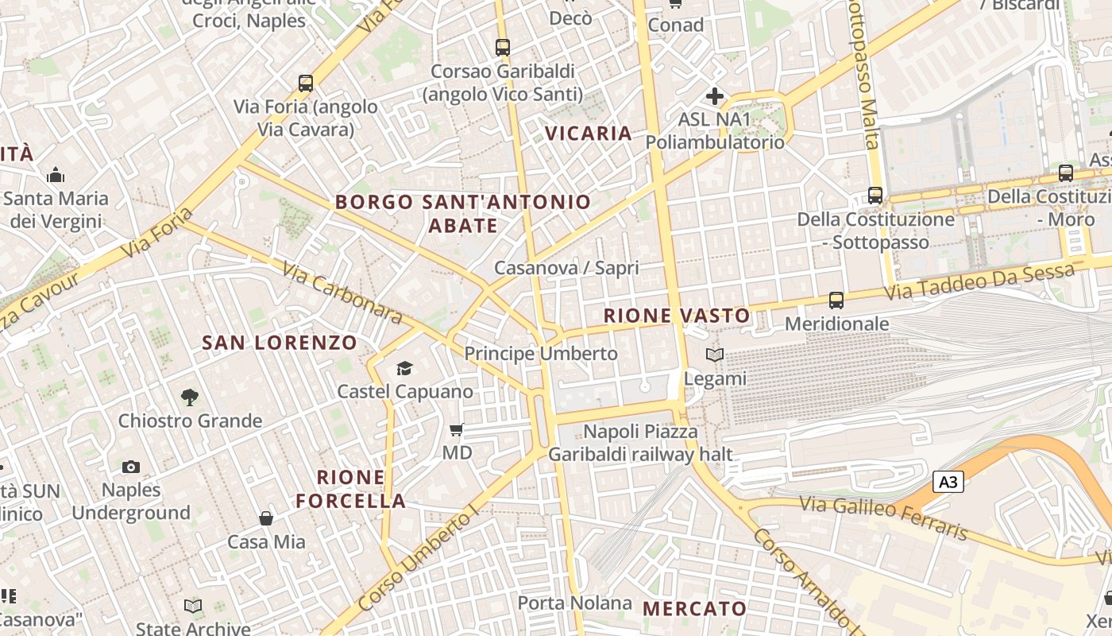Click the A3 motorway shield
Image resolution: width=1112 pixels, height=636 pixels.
948,482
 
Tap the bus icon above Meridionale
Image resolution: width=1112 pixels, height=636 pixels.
836,301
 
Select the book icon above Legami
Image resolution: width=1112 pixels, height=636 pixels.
715,355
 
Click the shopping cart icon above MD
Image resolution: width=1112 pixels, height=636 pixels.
456,430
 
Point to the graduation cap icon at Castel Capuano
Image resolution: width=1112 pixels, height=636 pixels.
405,368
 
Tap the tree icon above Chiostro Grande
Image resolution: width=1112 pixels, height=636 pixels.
189,397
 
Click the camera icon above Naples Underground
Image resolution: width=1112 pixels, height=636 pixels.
131,467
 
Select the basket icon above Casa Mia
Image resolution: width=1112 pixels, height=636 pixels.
266,518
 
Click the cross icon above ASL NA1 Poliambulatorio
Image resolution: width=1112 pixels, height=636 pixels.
714,97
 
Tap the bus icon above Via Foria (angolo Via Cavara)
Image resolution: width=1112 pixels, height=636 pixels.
305,83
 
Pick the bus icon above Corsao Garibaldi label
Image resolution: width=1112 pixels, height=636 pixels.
502,48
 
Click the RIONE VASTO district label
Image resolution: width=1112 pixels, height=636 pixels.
677,316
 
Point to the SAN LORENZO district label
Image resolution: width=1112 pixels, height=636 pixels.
280,343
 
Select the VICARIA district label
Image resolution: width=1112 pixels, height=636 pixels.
589,134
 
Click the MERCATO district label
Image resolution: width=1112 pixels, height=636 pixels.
694,609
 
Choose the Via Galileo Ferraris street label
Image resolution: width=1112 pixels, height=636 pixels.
884,517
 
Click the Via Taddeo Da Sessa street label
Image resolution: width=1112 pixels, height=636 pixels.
979,282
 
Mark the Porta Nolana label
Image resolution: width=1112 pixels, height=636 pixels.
575,603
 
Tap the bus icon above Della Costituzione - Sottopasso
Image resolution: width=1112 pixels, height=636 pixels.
875,195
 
